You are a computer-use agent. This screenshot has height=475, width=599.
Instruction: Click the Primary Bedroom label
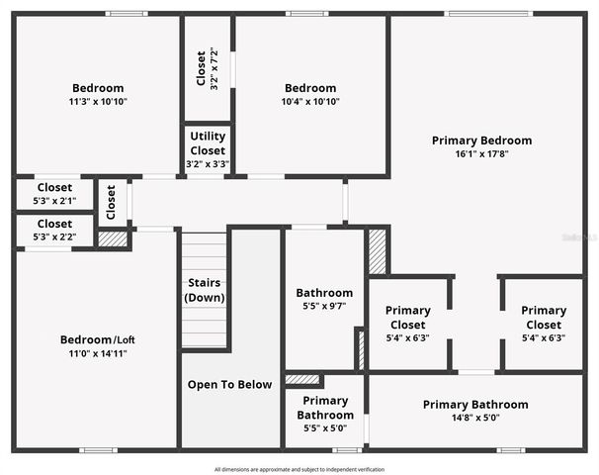[x=481, y=141]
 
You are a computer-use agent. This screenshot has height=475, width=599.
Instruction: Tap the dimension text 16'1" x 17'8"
[x=481, y=154]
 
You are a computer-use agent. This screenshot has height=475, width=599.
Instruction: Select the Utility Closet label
[x=208, y=142]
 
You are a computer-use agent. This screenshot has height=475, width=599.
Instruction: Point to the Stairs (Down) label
[x=206, y=290]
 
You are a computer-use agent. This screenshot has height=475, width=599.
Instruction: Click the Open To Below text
[x=231, y=384]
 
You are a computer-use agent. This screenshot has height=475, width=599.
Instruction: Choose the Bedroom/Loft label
[x=97, y=339]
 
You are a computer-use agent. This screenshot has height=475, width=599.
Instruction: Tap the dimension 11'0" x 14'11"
[x=97, y=353]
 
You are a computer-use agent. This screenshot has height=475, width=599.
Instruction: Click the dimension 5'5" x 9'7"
[x=324, y=307]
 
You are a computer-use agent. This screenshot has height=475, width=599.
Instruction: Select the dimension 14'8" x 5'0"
[x=475, y=418]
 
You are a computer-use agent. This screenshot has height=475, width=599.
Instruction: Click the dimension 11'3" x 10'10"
[x=98, y=101]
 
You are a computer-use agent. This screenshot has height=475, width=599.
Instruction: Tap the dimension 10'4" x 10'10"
[x=309, y=101]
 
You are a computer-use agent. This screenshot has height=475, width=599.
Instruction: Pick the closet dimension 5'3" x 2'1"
[x=54, y=201]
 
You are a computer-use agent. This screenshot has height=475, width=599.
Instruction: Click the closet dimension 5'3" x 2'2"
[x=54, y=237]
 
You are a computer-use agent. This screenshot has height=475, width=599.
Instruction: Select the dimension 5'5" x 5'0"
[x=324, y=428]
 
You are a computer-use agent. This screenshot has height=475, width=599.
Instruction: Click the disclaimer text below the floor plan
[x=299, y=469]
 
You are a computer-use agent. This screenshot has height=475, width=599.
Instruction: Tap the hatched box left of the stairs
[x=113, y=238]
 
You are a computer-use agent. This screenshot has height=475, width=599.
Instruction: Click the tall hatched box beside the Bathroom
[x=377, y=252]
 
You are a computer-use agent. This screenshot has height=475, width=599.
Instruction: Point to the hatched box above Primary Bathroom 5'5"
[x=302, y=379]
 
